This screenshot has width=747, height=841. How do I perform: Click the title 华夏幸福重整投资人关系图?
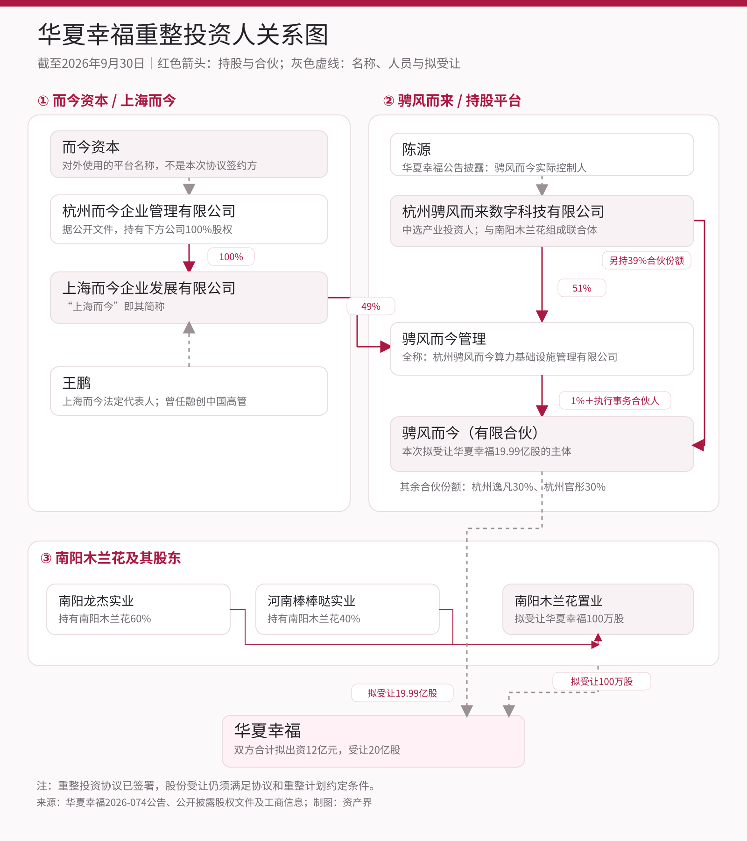click(x=183, y=35)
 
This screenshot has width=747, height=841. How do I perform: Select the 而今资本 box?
click(x=189, y=154)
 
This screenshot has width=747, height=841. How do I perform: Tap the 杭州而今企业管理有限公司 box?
click(x=189, y=219)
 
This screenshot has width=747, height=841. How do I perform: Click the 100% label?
click(x=231, y=257)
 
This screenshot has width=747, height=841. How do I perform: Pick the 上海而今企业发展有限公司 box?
click(x=189, y=298)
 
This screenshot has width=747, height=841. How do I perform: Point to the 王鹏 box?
click(x=189, y=391)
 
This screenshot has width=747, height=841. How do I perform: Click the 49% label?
click(x=371, y=306)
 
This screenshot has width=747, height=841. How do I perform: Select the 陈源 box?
click(x=542, y=155)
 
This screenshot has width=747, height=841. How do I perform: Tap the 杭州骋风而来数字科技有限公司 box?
click(x=542, y=221)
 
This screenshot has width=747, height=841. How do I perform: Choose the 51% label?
click(x=582, y=288)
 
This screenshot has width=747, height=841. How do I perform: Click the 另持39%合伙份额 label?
click(x=647, y=260)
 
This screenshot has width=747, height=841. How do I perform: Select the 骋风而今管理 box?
click(x=542, y=349)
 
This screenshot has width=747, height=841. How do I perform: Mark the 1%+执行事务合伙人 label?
click(x=615, y=400)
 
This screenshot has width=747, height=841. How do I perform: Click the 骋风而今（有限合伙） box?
click(x=542, y=444)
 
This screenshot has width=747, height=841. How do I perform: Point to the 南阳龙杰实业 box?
click(x=138, y=609)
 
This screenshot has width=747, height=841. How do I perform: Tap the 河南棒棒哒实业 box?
click(x=347, y=609)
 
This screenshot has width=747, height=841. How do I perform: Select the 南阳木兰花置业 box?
click(x=598, y=609)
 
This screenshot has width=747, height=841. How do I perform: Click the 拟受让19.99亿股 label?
click(x=402, y=693)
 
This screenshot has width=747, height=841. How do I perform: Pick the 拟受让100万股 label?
click(x=602, y=681)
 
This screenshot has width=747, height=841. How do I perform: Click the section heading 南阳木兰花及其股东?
click(x=111, y=558)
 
